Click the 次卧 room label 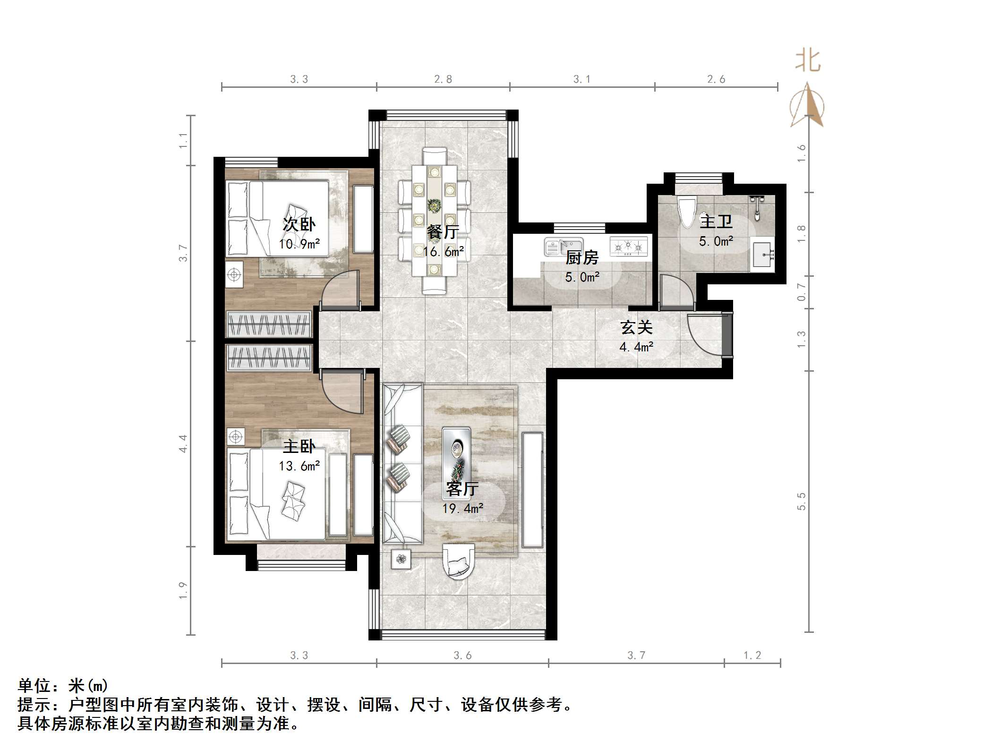click(x=299, y=224)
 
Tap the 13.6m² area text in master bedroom click(x=299, y=467)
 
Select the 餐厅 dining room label click(x=443, y=232)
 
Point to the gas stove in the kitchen click(x=628, y=246)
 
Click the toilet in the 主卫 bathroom click(x=686, y=212)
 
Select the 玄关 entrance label click(x=636, y=327)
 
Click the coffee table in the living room click(x=456, y=463)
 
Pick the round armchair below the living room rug click(x=458, y=561)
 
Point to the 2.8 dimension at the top click(x=443, y=79)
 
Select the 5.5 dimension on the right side click(x=801, y=501)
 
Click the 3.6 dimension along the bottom click(x=462, y=656)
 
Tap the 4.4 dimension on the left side click(x=183, y=443)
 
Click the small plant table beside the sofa click(x=401, y=559)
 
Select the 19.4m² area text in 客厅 click(x=462, y=509)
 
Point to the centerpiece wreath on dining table click(x=434, y=205)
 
